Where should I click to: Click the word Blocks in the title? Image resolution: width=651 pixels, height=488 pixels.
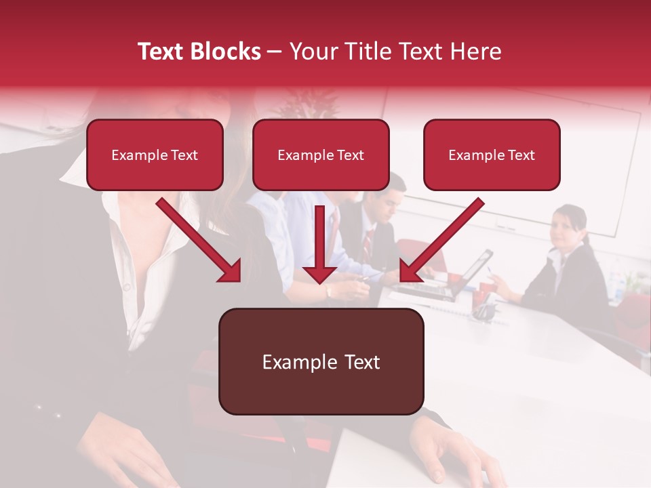tap(225, 52)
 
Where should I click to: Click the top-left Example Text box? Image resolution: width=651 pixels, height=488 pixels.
tap(155, 155)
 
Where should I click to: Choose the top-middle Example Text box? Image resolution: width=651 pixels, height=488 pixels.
tap(321, 155)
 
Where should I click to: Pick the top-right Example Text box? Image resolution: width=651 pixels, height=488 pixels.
tap(492, 155)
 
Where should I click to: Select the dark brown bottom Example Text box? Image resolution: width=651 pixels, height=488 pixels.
tap(321, 362)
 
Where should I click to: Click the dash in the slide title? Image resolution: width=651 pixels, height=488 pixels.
tap(275, 52)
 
